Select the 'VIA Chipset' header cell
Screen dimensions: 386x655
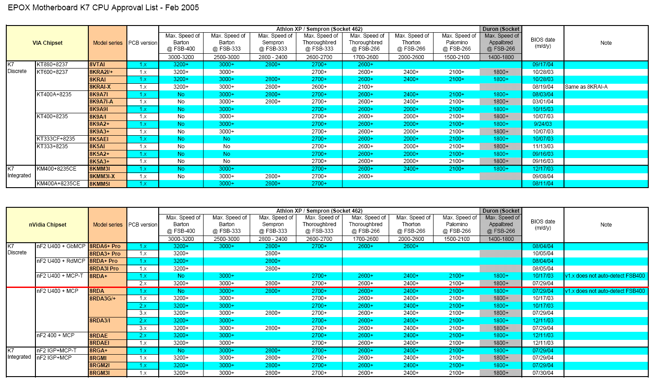pos(48,43)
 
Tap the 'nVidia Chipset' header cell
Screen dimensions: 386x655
pos(48,225)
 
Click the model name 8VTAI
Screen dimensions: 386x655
pos(97,64)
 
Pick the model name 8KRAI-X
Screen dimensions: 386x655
pos(100,87)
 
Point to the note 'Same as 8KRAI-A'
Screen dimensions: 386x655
pos(586,87)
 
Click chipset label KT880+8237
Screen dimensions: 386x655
pos(52,64)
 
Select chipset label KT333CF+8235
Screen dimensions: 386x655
pos(56,139)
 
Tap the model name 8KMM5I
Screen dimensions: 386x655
pos(100,184)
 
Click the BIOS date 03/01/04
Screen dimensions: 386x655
pos(543,102)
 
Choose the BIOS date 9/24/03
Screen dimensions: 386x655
pos(543,124)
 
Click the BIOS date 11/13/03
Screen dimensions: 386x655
pos(543,146)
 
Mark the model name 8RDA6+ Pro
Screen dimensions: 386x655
pos(105,246)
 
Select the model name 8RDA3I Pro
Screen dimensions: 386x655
pos(104,269)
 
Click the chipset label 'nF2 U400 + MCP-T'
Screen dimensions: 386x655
pos(60,276)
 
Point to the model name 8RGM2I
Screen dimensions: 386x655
pos(100,365)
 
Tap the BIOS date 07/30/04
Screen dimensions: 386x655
pos(543,373)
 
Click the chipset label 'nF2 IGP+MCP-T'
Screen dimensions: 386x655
pos(56,351)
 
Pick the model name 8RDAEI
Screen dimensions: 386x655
pos(100,343)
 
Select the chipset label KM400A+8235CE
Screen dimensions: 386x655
pos(58,184)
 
